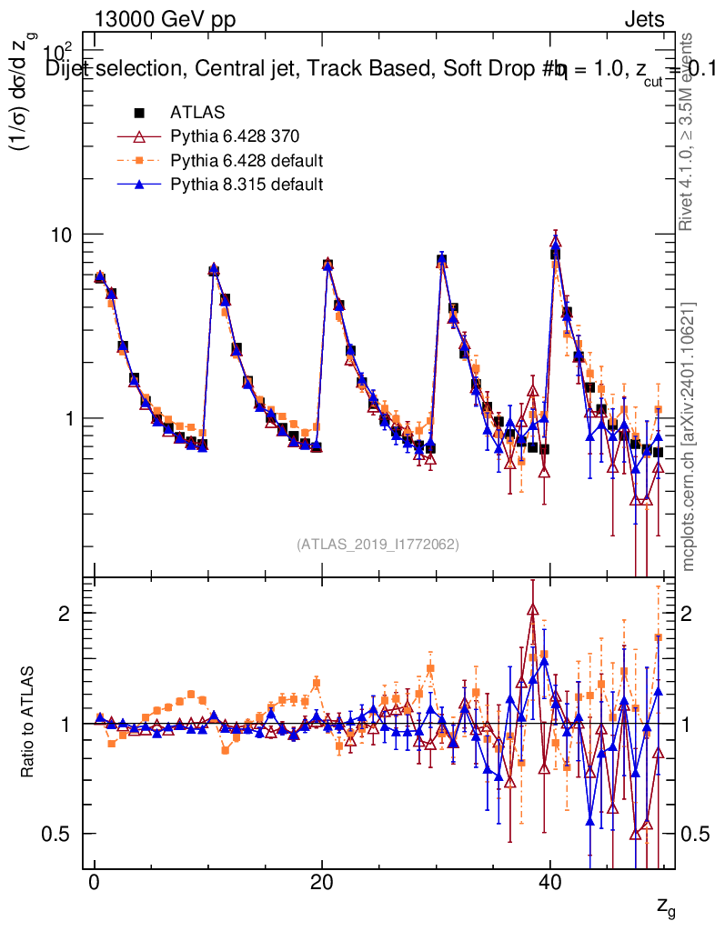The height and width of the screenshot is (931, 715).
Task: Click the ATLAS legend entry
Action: (x=197, y=113)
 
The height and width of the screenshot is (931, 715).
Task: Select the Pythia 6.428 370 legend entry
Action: (x=234, y=136)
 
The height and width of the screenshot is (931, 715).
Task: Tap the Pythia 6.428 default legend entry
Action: (x=247, y=161)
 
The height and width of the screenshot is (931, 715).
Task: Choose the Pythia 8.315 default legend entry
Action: (x=247, y=185)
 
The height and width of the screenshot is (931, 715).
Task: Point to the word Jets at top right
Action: (x=644, y=20)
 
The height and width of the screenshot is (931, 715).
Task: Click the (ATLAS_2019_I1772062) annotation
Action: (x=378, y=545)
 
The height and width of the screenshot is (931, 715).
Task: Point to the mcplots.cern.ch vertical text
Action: (x=690, y=436)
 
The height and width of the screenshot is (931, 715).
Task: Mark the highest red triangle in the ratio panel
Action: (x=532, y=610)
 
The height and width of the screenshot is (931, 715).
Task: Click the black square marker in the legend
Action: (x=140, y=113)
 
